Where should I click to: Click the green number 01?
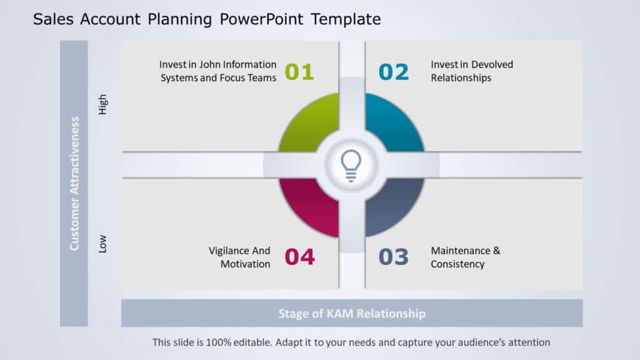point(299,72)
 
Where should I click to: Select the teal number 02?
point(394,72)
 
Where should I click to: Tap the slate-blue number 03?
point(394,257)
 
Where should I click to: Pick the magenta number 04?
point(299,257)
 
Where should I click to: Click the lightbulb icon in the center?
point(351,165)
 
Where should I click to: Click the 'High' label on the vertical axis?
point(103,104)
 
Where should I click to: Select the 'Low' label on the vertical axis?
point(103,243)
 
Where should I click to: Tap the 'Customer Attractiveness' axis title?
point(74,183)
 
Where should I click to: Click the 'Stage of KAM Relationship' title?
point(352,313)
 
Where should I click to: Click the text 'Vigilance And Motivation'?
point(239,257)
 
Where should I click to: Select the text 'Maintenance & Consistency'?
point(465,257)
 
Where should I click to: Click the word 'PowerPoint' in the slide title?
point(262,19)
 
